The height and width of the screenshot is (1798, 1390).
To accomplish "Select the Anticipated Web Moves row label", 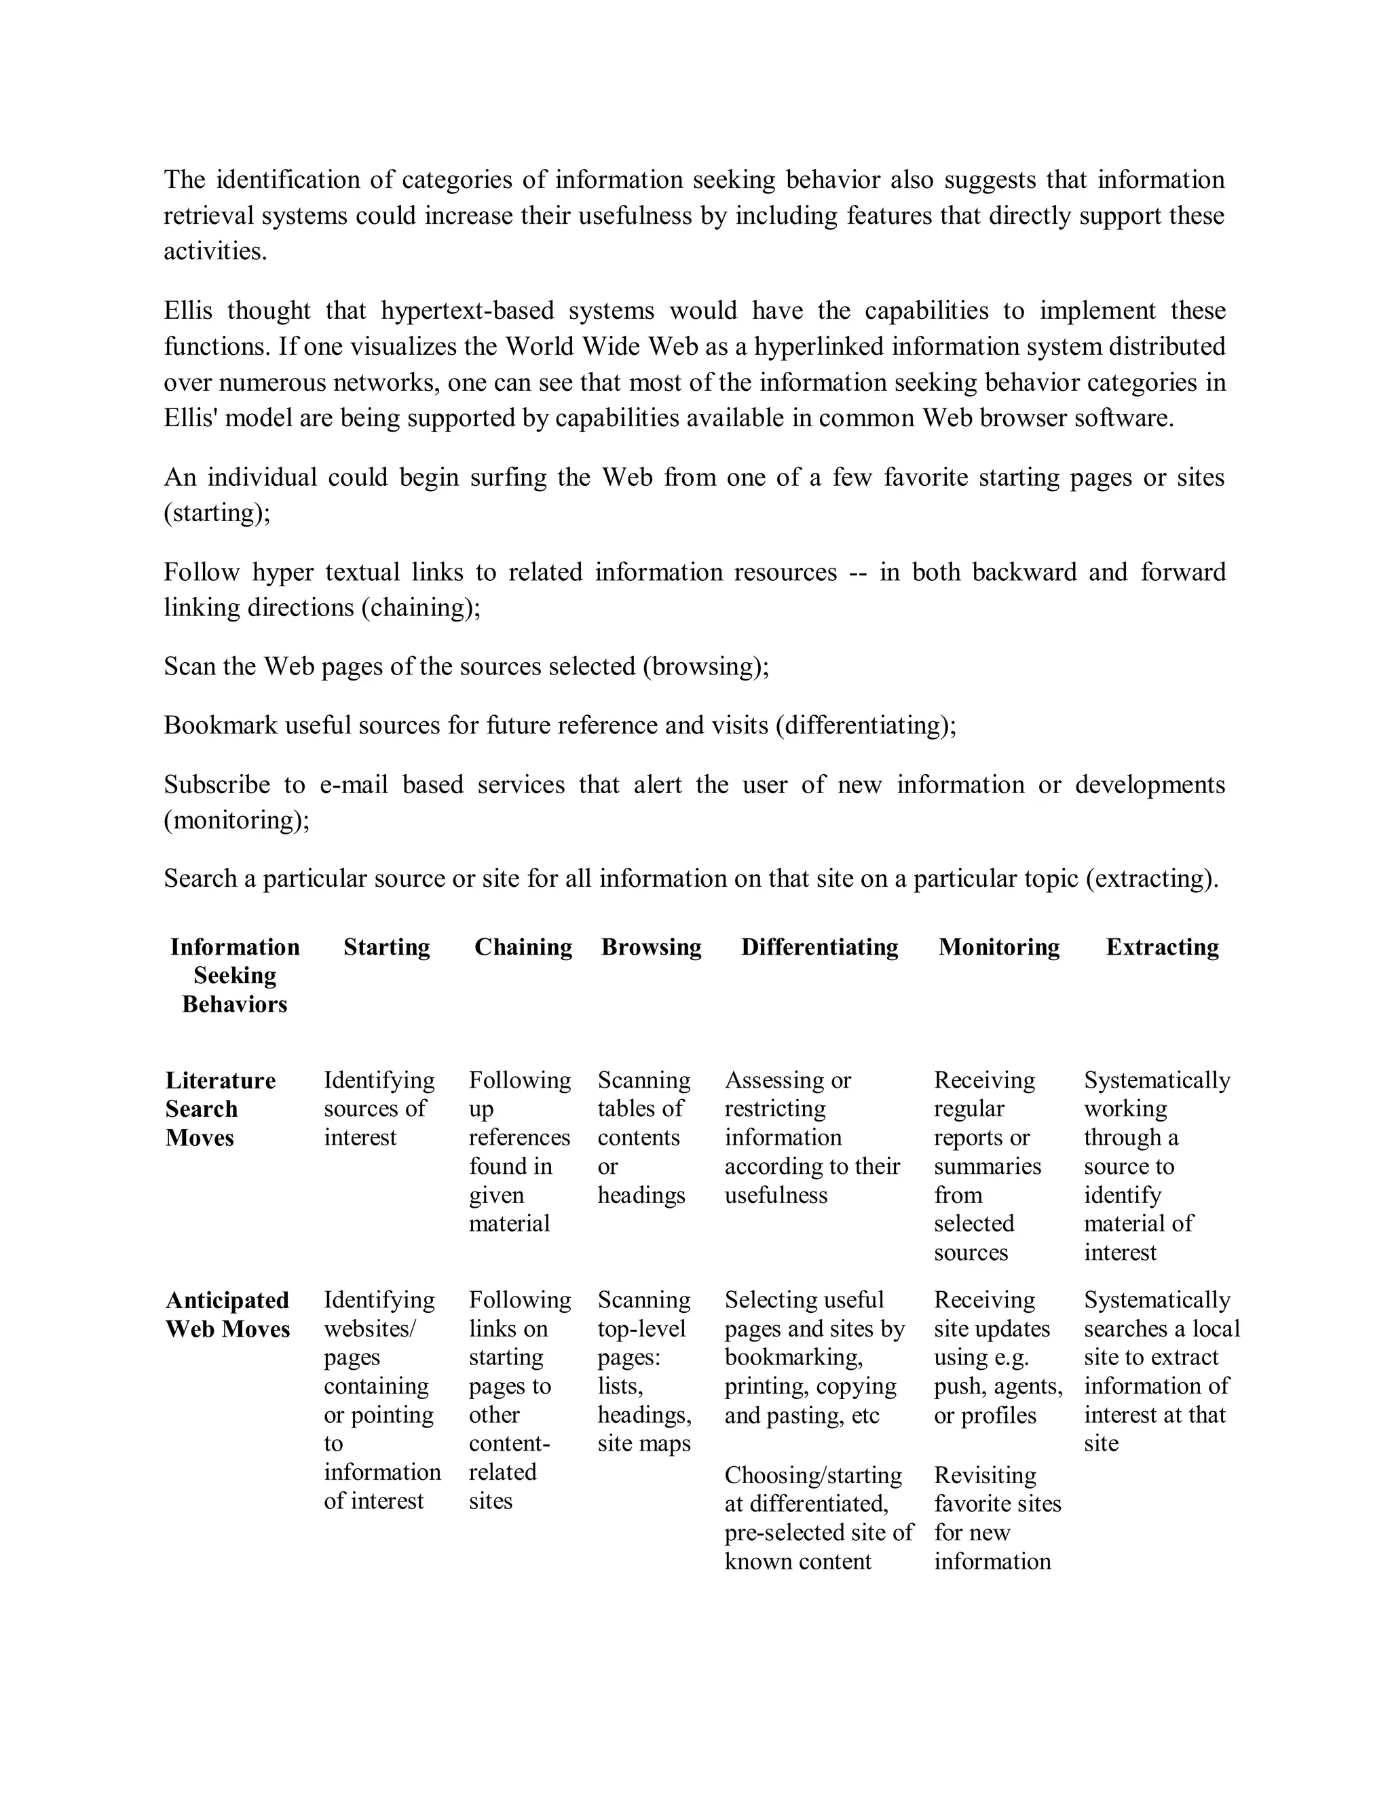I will [x=227, y=1314].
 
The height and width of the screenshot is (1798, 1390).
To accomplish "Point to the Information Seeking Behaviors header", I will [x=235, y=976].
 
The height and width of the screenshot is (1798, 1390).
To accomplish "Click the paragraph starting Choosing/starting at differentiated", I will [x=818, y=1518].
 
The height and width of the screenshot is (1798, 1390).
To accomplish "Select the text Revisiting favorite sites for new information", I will [x=996, y=1518].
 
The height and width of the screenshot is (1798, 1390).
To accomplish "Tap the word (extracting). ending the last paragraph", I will [x=1152, y=879].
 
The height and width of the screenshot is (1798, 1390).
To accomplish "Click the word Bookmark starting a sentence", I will [x=220, y=725].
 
